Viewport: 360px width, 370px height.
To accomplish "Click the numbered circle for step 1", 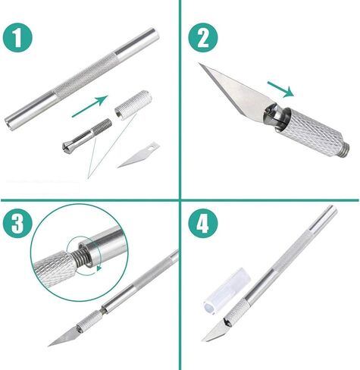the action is click(x=17, y=38).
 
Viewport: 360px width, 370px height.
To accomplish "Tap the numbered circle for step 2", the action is click(x=203, y=38).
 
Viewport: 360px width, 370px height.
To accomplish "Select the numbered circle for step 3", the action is click(x=17, y=223).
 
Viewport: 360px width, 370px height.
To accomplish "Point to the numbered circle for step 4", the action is click(x=203, y=223).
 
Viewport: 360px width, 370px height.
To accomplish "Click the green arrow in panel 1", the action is click(x=90, y=106).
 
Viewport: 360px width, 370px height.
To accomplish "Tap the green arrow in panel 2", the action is click(x=280, y=89).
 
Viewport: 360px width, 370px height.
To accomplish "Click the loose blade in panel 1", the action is click(x=138, y=155).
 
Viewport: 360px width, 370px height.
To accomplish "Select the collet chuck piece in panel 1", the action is click(x=87, y=135).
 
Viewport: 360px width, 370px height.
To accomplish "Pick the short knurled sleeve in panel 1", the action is click(x=133, y=105).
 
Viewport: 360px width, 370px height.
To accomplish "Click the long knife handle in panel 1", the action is click(x=82, y=79).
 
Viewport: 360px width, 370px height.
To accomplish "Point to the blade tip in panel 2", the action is click(x=199, y=64).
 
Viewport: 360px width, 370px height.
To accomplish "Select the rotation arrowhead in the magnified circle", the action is click(x=99, y=268).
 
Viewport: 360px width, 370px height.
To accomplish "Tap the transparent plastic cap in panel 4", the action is click(x=227, y=291).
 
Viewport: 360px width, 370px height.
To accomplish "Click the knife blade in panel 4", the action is click(x=215, y=331).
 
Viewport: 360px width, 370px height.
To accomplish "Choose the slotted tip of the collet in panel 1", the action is click(x=67, y=146).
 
